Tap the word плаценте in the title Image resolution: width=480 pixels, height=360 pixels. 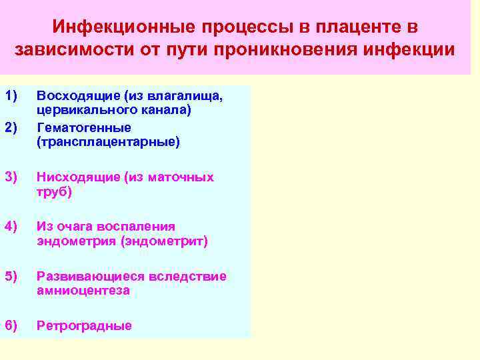347,27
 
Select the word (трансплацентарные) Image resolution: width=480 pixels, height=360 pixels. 108,141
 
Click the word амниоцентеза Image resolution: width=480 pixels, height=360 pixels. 83,291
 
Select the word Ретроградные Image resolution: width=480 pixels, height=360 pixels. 84,325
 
